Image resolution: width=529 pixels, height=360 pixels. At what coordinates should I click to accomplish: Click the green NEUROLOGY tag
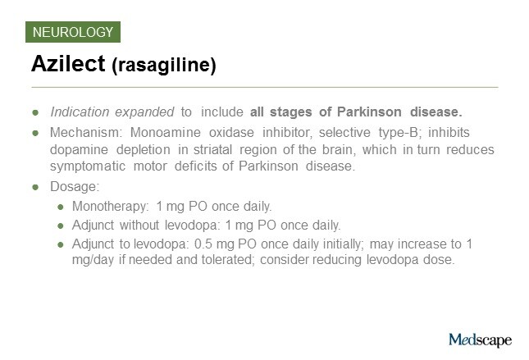(x=73, y=32)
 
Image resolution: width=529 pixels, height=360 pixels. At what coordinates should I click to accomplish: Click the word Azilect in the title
(x=68, y=63)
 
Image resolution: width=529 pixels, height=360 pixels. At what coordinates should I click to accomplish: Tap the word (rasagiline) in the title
(x=164, y=65)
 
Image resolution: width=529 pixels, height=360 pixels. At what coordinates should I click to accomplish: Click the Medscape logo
(x=480, y=340)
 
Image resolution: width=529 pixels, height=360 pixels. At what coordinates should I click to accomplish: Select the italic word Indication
(x=80, y=112)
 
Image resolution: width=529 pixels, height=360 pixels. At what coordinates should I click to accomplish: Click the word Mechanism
(x=84, y=133)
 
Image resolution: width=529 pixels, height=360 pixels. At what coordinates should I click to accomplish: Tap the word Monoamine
(x=166, y=133)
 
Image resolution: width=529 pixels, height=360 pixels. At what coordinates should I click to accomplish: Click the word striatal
(x=212, y=149)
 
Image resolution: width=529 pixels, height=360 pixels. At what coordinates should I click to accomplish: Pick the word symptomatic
(x=88, y=166)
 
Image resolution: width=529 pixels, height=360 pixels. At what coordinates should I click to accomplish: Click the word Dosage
(x=74, y=187)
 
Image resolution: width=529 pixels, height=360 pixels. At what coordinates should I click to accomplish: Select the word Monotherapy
(x=110, y=207)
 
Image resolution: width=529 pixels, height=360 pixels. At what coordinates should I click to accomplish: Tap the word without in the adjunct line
(x=139, y=225)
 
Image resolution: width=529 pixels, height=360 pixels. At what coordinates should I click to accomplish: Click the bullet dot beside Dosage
(x=35, y=187)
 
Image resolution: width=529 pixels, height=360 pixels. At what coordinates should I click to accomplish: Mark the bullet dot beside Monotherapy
(x=61, y=207)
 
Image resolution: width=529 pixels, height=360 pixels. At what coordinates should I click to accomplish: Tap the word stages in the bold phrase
(x=290, y=112)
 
